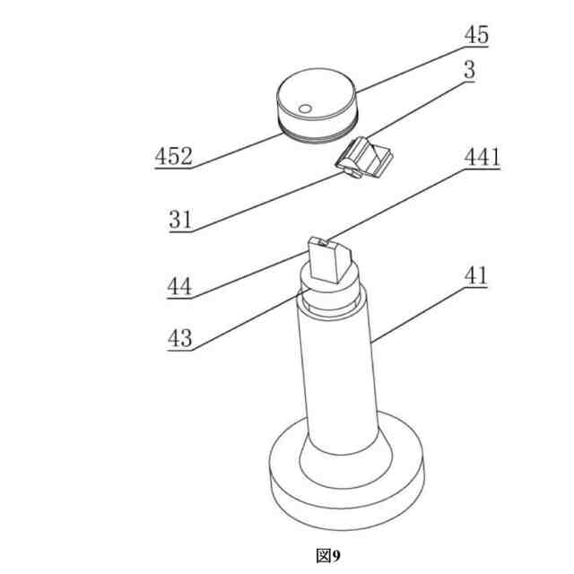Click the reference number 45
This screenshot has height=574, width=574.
(x=476, y=35)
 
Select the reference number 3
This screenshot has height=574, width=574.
(x=470, y=70)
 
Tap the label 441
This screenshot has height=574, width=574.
(x=483, y=158)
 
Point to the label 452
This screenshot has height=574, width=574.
(x=173, y=156)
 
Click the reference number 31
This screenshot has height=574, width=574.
(x=180, y=220)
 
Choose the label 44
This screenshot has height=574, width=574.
(x=179, y=286)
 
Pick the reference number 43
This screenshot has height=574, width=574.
(x=179, y=338)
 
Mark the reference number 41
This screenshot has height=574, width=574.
(x=476, y=275)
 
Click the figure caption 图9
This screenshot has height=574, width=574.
(x=328, y=556)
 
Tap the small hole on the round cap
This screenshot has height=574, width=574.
(x=305, y=109)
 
